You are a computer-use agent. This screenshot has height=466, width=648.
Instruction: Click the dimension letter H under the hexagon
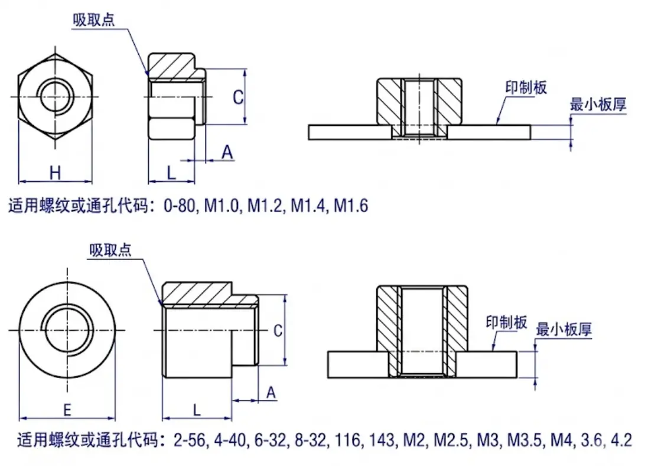(x=55, y=172)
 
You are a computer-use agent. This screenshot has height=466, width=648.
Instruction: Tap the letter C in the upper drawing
(x=237, y=97)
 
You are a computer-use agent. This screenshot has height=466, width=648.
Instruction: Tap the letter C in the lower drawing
(x=278, y=331)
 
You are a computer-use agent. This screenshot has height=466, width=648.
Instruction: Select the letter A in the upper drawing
(x=227, y=153)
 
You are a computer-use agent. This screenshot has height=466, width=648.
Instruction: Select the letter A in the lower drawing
(x=271, y=393)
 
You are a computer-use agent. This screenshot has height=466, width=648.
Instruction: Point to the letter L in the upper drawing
(x=171, y=172)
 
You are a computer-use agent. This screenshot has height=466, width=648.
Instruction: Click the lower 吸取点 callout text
(x=110, y=250)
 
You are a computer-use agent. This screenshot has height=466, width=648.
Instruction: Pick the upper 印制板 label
(x=526, y=87)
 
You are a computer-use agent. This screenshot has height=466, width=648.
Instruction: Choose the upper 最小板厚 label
(x=597, y=105)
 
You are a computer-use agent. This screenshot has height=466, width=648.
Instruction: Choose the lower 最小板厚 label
(x=564, y=329)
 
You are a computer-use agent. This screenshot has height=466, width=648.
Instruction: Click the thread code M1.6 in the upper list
(x=351, y=206)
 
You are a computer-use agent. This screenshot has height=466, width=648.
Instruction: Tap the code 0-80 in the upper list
(x=181, y=206)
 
